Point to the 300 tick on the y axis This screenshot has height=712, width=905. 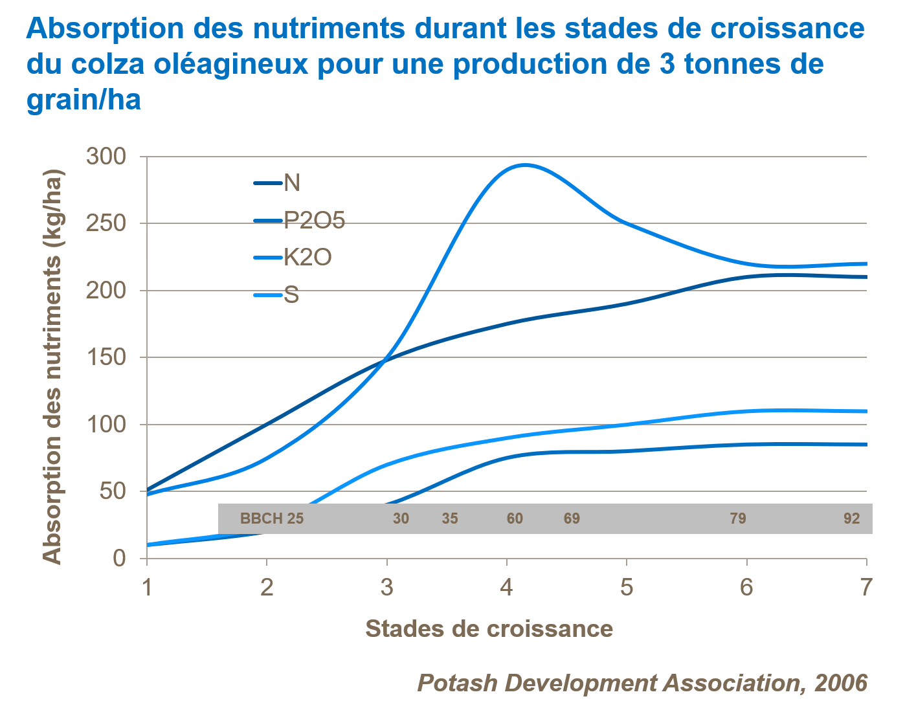pyautogui.click(x=106, y=157)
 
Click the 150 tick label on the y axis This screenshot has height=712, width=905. pyautogui.click(x=106, y=357)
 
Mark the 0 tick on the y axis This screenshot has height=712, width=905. pyautogui.click(x=119, y=558)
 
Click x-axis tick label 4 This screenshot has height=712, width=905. pyautogui.click(x=507, y=587)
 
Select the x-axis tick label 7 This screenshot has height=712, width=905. pyautogui.click(x=866, y=587)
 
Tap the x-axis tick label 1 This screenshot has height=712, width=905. pyautogui.click(x=147, y=587)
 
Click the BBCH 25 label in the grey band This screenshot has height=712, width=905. pyautogui.click(x=272, y=518)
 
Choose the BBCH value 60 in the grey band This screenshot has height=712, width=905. pyautogui.click(x=515, y=518)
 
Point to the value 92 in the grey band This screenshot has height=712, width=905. pyautogui.click(x=852, y=518)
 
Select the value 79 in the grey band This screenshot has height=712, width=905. pyautogui.click(x=738, y=518)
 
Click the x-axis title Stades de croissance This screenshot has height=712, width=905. pyautogui.click(x=489, y=629)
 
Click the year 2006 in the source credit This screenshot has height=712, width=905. pyautogui.click(x=840, y=683)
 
